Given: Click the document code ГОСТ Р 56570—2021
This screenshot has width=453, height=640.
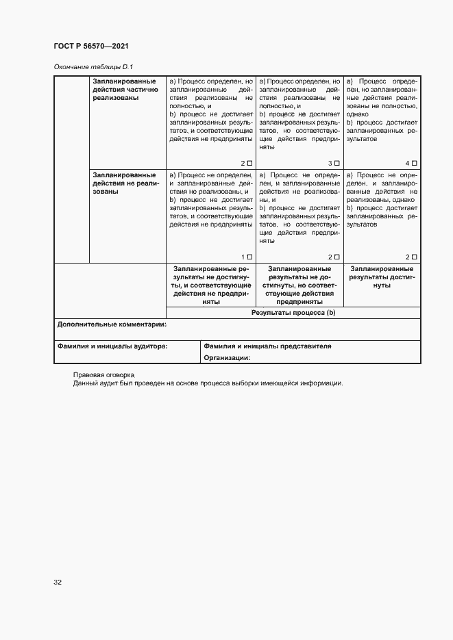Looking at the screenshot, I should coord(91,46).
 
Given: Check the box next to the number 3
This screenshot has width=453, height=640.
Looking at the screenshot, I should coord(336,163).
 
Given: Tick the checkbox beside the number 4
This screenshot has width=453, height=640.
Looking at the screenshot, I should coord(414,163).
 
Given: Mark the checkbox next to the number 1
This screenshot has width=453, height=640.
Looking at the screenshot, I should coord(249,257).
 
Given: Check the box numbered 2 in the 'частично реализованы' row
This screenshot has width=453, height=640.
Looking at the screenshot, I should coord(249,163).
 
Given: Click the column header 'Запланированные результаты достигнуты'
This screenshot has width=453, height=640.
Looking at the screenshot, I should coord(381,277).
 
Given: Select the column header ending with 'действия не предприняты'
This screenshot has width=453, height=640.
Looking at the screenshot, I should coord(210,285).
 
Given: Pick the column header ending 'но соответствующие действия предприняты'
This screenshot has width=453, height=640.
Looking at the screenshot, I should coord(299,285).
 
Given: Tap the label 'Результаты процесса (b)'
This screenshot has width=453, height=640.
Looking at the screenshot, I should coord(293,312).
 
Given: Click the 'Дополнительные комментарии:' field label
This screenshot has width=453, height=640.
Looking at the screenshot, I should coord(112,324).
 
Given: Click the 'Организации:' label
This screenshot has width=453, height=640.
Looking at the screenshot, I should coord(227,357).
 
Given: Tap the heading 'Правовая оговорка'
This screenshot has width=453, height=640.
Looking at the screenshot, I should coord(104,375).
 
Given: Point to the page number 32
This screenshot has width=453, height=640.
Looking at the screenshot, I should coord(58,583).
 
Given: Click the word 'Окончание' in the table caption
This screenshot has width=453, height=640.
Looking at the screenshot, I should coord(70,66).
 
